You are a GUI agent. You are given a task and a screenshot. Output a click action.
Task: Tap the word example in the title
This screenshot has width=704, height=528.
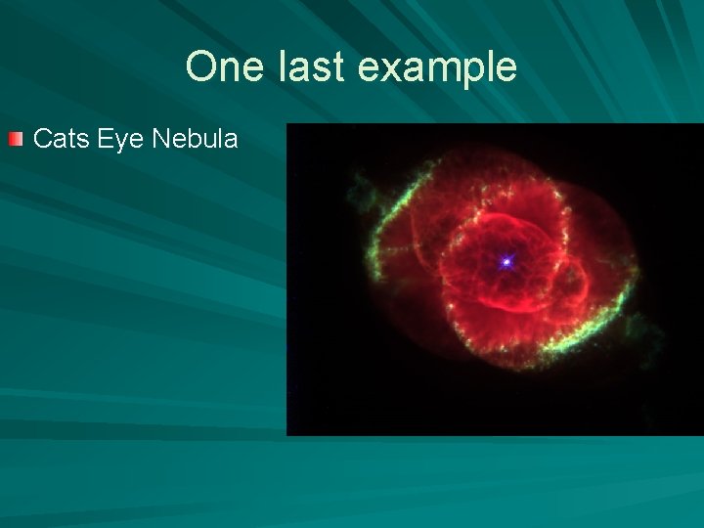(433, 67)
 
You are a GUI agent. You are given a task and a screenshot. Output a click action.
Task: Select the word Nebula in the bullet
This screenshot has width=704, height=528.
(195, 139)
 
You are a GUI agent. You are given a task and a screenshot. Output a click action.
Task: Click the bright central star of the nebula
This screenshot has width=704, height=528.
(506, 261)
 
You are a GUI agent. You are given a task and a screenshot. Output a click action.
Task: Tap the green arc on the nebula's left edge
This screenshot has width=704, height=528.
(375, 244)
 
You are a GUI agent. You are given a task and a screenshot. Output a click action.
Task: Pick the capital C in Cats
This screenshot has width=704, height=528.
(42, 139)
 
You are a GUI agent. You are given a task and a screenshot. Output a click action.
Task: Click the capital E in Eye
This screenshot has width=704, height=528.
(105, 139)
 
